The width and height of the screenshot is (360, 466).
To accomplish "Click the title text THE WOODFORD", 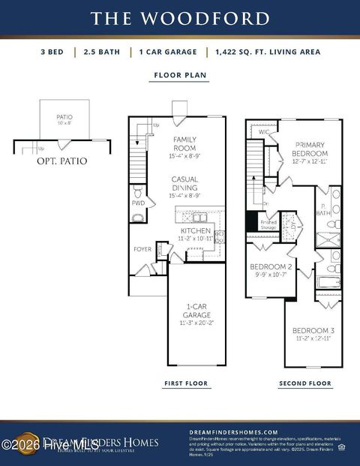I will click(x=180, y=18).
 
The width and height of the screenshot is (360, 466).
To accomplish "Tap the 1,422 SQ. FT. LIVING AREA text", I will click(x=267, y=52).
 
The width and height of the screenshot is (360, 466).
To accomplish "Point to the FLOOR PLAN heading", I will click(x=180, y=75).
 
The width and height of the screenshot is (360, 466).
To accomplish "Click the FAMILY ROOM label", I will click(x=184, y=143).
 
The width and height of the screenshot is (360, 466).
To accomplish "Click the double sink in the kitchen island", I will click(x=199, y=218).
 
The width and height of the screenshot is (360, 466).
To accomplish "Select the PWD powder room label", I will click(x=138, y=203).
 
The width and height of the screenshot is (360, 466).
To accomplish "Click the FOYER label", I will click(x=142, y=249).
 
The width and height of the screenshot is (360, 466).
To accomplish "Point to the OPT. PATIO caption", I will click(x=61, y=161).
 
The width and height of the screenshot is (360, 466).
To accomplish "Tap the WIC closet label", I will click(x=263, y=133).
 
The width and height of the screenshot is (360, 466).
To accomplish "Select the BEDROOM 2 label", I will click(x=271, y=269).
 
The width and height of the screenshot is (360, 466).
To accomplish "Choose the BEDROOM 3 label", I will click(x=313, y=335).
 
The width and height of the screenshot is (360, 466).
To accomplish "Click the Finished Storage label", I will click(x=268, y=224).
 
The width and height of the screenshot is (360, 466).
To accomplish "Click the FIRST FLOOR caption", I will click(x=186, y=383).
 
